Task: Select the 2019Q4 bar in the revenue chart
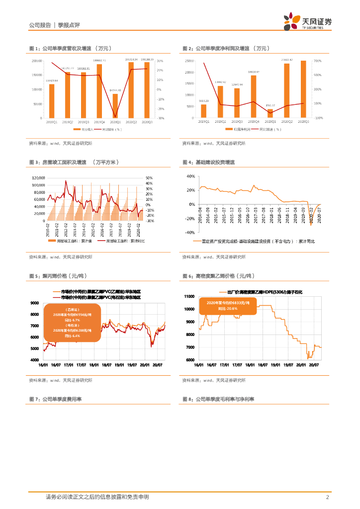pos(99,91)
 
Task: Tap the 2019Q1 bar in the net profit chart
pos(203,111)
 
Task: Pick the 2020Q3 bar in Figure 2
pos(303,89)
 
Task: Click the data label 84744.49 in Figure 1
pos(115,90)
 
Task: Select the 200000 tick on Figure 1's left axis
pos(36,61)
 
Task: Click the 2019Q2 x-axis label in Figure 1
pos(68,122)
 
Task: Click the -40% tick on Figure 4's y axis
pos(190,233)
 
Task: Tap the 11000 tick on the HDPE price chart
pos(189,297)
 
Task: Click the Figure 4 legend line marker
pos(196,241)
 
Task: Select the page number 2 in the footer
pos(327,497)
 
